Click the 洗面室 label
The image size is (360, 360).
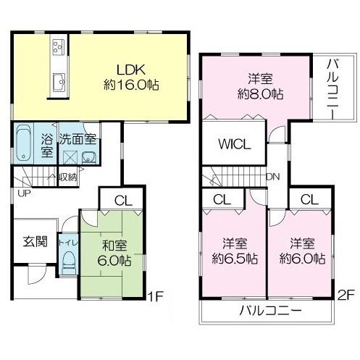(x=79, y=138)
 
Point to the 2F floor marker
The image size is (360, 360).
(x=345, y=296)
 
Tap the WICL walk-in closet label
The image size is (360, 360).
(x=235, y=143)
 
